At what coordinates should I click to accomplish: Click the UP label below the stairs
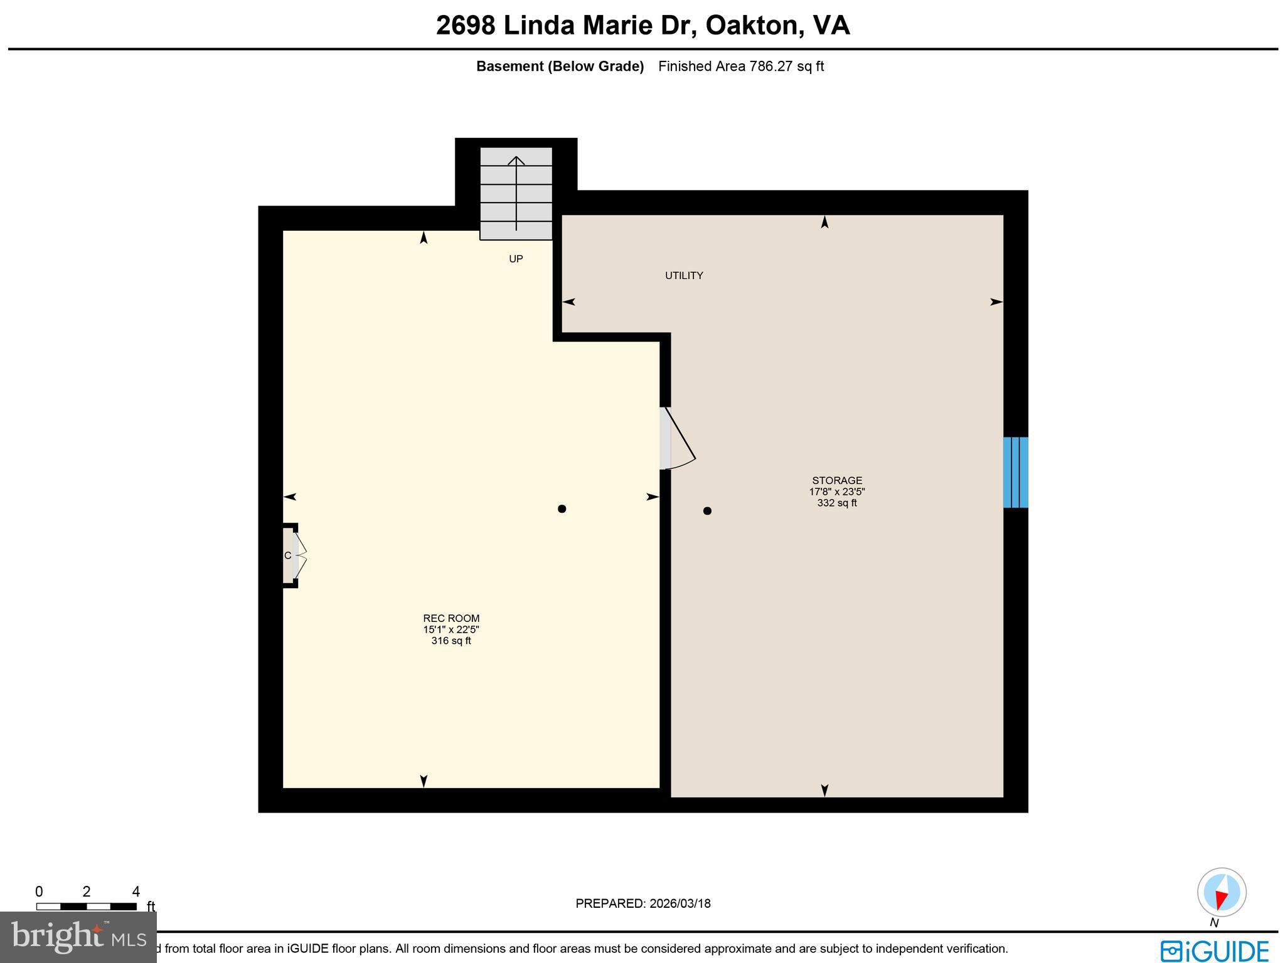pyautogui.click(x=516, y=259)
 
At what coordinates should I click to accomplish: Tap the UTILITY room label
pyautogui.click(x=684, y=275)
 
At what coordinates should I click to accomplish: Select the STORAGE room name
pyautogui.click(x=837, y=481)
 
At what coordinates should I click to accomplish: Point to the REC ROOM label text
pyautogui.click(x=451, y=618)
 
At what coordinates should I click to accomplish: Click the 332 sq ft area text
pyautogui.click(x=837, y=503)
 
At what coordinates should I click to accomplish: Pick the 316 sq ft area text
pyautogui.click(x=451, y=641)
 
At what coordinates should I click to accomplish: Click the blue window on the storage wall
pyautogui.click(x=1015, y=472)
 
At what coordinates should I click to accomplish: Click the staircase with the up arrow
pyautogui.click(x=516, y=193)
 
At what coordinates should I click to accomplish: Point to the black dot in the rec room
pyautogui.click(x=562, y=509)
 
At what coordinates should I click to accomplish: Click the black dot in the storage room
pyautogui.click(x=707, y=511)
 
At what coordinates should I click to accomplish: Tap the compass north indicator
pyautogui.click(x=1221, y=893)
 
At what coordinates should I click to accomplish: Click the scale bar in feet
pyautogui.click(x=87, y=906)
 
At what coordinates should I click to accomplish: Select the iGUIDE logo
pyautogui.click(x=1214, y=950)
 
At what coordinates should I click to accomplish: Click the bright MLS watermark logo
pyautogui.click(x=78, y=937)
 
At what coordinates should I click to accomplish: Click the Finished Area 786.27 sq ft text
pyautogui.click(x=740, y=66)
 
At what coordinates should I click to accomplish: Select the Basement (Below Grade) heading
pyautogui.click(x=560, y=66)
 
